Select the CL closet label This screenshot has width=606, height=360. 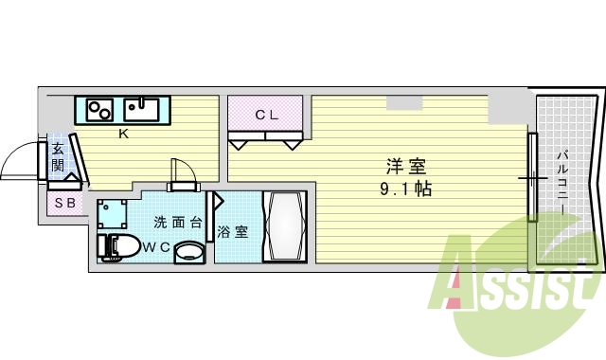click(x=266, y=116)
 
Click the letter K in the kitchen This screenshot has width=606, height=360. click(x=123, y=134)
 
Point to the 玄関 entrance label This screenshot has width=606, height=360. click(x=58, y=157)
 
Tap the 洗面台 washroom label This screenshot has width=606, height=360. click(x=178, y=223)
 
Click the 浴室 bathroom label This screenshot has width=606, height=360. click(x=233, y=231)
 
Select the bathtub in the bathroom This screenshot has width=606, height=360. click(x=285, y=227)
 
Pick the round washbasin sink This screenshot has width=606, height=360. click(x=189, y=253)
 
